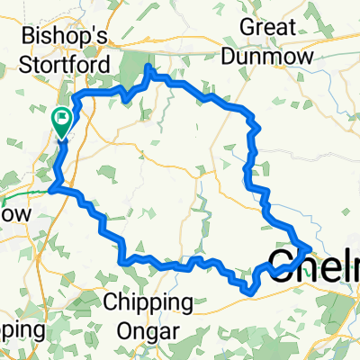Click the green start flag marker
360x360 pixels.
tap(62, 118)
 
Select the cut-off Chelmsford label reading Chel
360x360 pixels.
tap(313, 265)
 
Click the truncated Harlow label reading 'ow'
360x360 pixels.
tap(16, 215)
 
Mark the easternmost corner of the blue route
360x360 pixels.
tap(311, 246)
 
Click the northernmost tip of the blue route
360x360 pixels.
tap(148, 68)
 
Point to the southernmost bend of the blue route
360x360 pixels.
tap(247, 290)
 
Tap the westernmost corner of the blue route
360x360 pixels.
tap(51, 188)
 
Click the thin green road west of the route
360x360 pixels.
tap(22, 193)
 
